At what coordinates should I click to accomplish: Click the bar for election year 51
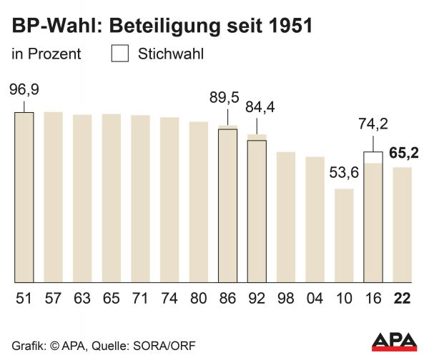pos(24,196)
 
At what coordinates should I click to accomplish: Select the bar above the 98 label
pos(286,217)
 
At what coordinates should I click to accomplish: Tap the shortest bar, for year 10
pos(344,236)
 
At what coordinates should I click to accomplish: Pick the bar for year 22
pos(402,225)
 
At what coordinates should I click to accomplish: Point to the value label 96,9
pos(24,91)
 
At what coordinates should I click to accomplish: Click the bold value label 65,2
pos(403,152)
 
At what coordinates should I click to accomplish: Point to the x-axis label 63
pos(82,298)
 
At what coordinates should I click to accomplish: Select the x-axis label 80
pos(199,298)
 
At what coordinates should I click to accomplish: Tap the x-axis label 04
pos(315,298)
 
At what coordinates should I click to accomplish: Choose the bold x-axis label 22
pos(402,298)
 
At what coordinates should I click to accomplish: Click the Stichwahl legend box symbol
pos(120,53)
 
